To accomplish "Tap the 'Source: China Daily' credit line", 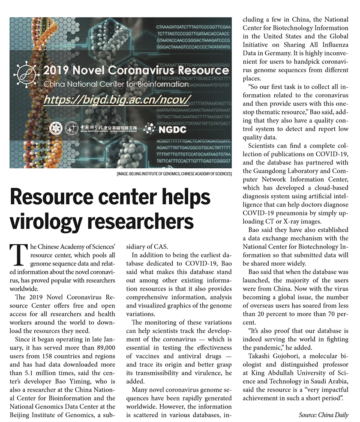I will click(x=324, y=415).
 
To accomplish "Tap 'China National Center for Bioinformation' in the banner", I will click(x=116, y=84).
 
